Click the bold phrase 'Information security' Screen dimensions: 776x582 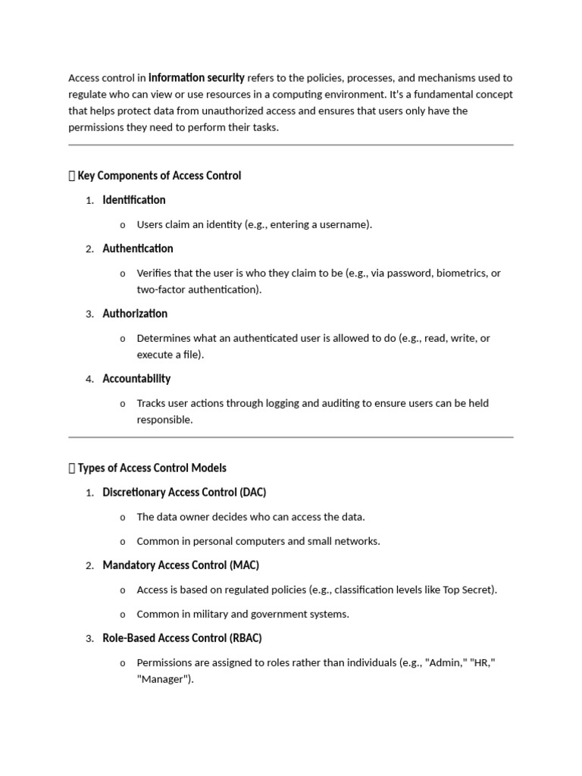click(x=196, y=77)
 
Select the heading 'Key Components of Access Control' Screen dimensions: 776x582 click(x=159, y=176)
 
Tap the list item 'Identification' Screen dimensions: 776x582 click(x=134, y=200)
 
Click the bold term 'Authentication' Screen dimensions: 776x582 click(x=138, y=249)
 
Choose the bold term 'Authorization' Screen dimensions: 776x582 click(x=135, y=314)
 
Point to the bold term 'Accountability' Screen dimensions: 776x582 click(x=136, y=379)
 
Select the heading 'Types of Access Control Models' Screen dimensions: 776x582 click(x=152, y=468)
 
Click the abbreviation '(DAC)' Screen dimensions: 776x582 click(x=253, y=493)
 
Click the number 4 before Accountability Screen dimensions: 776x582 click(x=89, y=380)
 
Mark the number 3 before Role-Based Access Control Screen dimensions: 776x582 click(x=89, y=639)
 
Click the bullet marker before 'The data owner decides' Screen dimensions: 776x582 click(x=123, y=518)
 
